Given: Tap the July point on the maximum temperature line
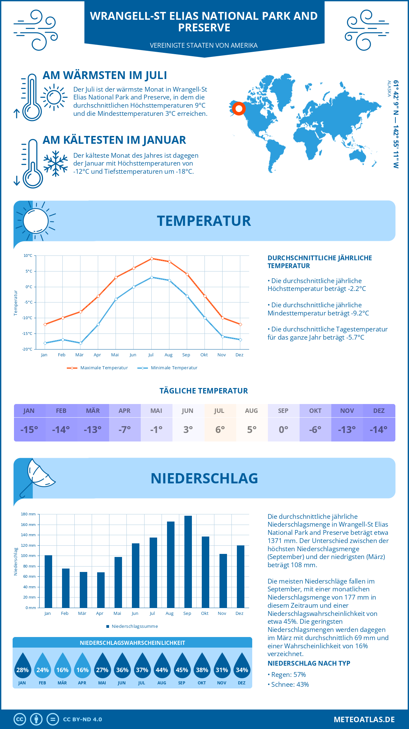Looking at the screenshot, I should (x=152, y=259).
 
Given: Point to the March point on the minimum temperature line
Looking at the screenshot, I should (x=80, y=343).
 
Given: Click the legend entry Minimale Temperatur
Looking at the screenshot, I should (x=168, y=368).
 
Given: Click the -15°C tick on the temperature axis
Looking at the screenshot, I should (x=28, y=334).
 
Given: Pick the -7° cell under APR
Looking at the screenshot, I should (x=125, y=430).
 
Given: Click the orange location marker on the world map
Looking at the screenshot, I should (x=239, y=109).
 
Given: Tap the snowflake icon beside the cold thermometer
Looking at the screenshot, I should (x=56, y=164).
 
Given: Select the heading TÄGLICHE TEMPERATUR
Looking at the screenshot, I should (x=204, y=391).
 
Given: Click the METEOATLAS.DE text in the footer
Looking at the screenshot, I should (x=364, y=719).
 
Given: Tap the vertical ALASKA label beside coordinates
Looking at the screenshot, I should (x=389, y=89).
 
